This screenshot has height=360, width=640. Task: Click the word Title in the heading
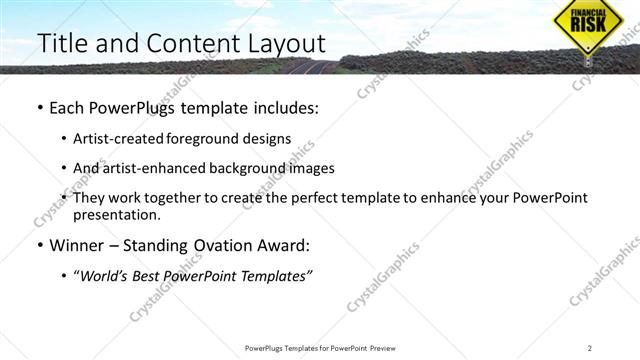pyautogui.click(x=60, y=44)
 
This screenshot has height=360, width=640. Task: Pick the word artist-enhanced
pyautogui.click(x=157, y=168)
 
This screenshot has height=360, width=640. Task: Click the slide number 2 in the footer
pyautogui.click(x=590, y=348)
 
